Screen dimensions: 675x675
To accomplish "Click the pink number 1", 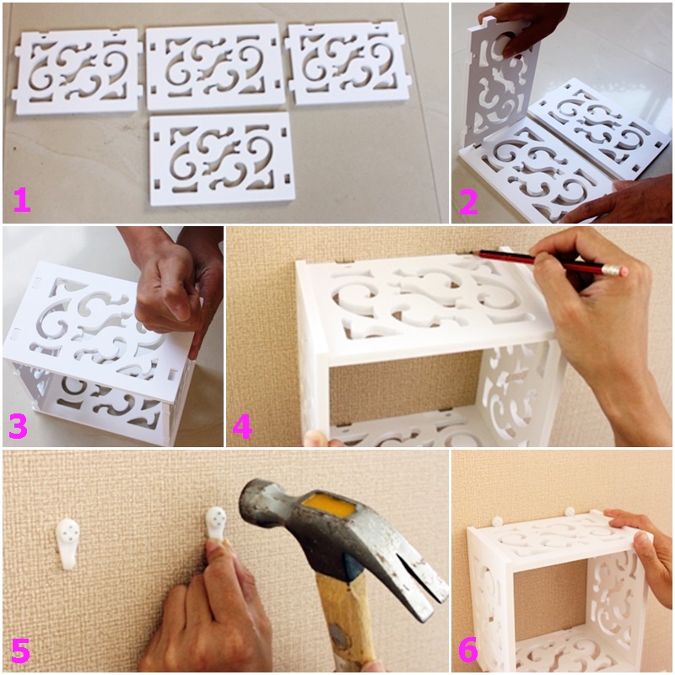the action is [x=22, y=201].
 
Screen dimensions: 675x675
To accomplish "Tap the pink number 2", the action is [x=468, y=202].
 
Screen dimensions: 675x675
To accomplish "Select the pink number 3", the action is [x=18, y=425].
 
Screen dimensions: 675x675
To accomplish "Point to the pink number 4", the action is [x=242, y=427].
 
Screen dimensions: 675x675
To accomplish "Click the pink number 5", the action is [x=20, y=651].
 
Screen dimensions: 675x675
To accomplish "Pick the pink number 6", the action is [x=468, y=650].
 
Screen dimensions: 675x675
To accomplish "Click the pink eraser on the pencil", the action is [x=616, y=271].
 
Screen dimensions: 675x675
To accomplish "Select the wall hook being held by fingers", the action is [x=216, y=523].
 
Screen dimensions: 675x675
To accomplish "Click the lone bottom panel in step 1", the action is [x=222, y=159].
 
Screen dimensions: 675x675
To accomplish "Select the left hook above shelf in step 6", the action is [x=498, y=521].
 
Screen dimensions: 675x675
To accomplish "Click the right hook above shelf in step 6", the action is [x=570, y=512].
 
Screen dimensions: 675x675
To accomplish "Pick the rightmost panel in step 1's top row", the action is [x=348, y=64].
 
